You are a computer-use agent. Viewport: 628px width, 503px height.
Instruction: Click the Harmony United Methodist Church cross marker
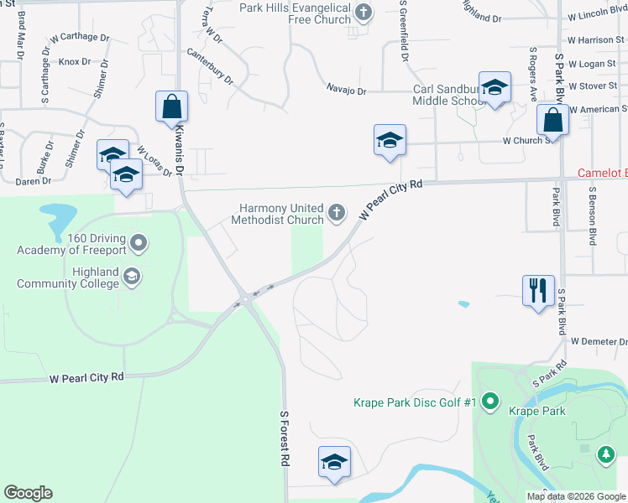click(336, 213)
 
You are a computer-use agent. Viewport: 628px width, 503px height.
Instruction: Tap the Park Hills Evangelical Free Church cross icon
click(363, 12)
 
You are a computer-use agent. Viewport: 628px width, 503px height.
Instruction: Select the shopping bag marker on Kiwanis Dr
click(171, 107)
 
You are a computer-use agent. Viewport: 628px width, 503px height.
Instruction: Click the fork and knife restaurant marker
click(537, 291)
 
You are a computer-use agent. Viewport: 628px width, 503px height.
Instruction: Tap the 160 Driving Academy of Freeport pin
click(140, 244)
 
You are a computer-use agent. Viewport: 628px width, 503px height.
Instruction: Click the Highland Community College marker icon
click(131, 276)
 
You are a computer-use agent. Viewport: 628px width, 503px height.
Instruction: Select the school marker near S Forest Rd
click(334, 462)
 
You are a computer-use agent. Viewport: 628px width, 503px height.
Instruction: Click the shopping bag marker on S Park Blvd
click(553, 120)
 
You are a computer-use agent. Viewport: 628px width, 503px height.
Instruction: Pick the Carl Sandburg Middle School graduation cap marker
click(495, 88)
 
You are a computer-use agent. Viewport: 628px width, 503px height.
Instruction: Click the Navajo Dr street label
click(346, 90)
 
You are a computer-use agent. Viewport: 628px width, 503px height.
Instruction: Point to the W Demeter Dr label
click(599, 341)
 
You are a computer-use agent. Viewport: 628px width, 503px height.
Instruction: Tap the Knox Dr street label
click(74, 61)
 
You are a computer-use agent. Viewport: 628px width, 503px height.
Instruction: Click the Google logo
click(28, 493)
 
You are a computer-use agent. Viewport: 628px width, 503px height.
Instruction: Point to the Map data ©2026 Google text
click(575, 496)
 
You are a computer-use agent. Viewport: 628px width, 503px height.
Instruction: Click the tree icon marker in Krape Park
click(604, 455)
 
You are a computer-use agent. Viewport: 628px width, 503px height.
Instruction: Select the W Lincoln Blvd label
click(597, 16)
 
